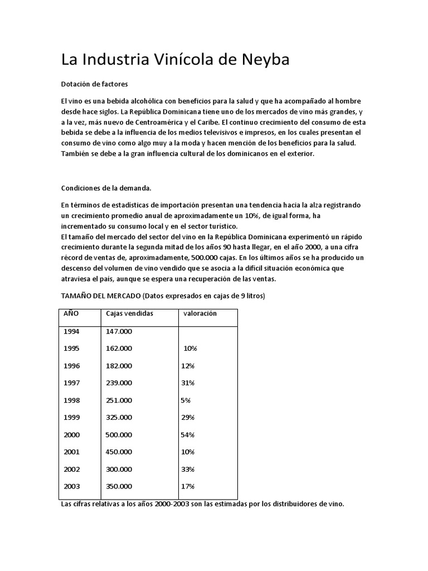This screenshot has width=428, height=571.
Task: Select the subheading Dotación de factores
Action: pos(94,84)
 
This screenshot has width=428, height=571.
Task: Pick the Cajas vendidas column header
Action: pos(129,313)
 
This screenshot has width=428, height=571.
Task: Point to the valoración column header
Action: pos(200,313)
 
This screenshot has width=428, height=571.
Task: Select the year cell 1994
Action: pos(71,331)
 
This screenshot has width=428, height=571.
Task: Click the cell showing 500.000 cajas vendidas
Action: pos(119,434)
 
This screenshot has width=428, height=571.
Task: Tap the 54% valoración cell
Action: pos(187,434)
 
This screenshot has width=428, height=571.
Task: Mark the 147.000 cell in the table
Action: pos(119,331)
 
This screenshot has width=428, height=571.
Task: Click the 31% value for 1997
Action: pos(187,383)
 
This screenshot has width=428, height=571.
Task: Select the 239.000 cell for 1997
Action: pos(119,383)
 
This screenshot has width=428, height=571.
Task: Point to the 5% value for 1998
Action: pos(186,400)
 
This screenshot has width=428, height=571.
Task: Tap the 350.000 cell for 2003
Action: pos(119,486)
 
